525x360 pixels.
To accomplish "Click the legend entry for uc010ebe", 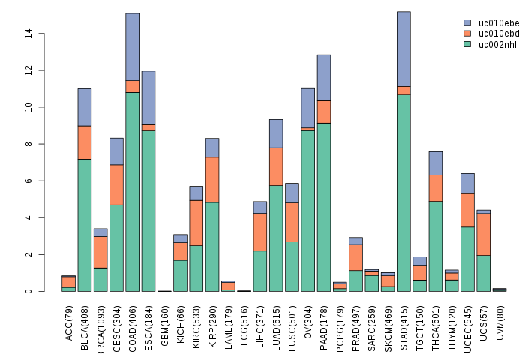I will click(x=493, y=23).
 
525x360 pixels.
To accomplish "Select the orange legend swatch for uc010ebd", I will click(x=467, y=34).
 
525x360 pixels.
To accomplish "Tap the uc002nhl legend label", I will click(x=493, y=44).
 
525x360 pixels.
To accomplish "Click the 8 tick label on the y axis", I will click(x=28, y=144).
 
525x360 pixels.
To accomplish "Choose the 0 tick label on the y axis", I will click(x=28, y=291).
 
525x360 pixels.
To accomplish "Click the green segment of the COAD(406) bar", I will click(x=132, y=191).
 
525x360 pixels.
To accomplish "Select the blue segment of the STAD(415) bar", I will click(x=403, y=49).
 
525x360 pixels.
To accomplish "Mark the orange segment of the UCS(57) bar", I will click(x=484, y=234).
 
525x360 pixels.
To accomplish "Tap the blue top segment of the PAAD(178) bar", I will click(x=324, y=77).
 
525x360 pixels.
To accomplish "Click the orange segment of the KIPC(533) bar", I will click(x=196, y=223).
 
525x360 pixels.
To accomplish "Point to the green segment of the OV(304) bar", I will click(x=307, y=211).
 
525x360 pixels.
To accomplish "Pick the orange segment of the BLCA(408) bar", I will click(x=85, y=142).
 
